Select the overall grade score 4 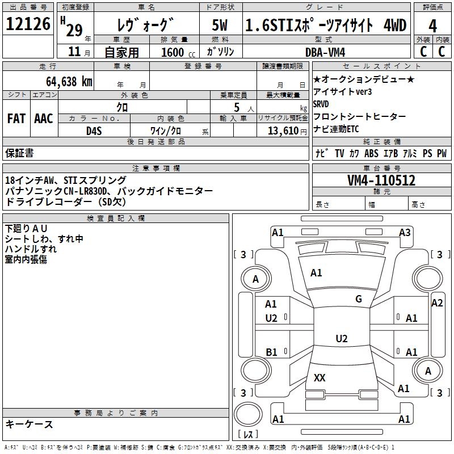click(432, 26)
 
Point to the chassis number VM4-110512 click(381, 180)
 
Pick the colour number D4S click(94, 131)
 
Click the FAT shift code click(16, 119)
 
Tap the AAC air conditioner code click(44, 119)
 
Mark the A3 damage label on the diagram click(405, 232)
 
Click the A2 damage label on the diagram click(437, 303)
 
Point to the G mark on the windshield click(359, 299)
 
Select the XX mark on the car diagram click(320, 377)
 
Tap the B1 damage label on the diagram click(271, 352)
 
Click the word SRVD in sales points click(321, 104)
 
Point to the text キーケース click(29, 424)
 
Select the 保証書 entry click(19, 153)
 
